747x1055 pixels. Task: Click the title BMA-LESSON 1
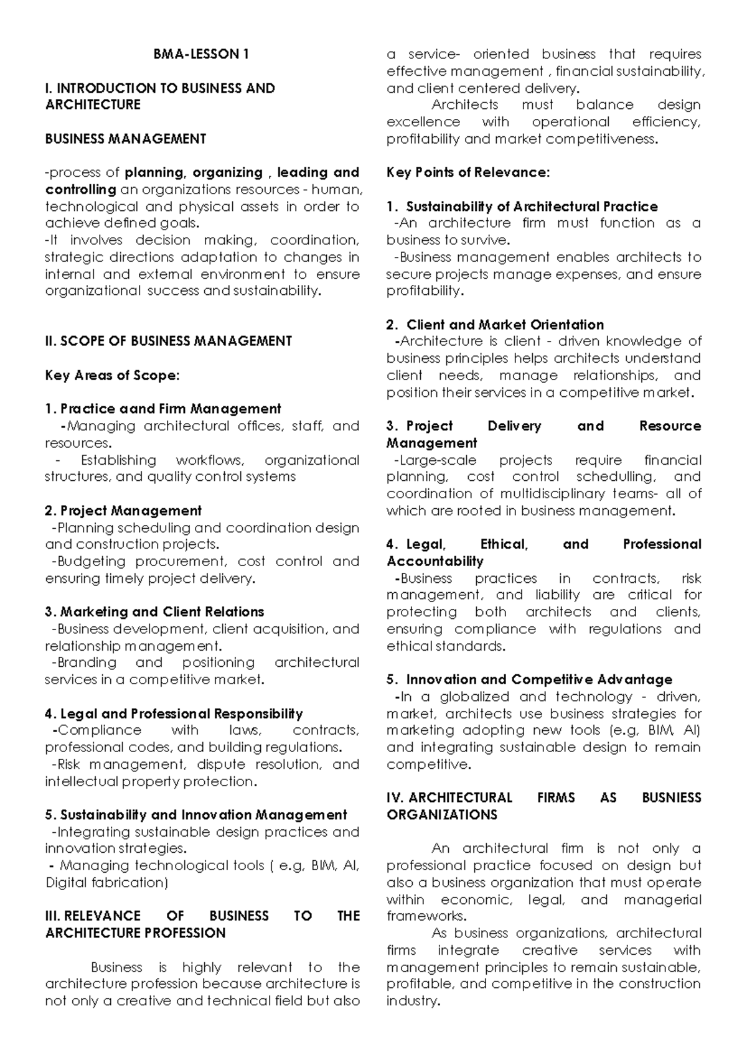[201, 54]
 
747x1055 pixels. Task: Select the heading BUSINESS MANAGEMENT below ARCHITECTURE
[125, 139]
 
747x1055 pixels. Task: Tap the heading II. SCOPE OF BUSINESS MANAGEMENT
[168, 341]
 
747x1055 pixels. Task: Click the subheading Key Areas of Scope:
[112, 375]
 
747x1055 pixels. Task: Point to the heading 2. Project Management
[123, 511]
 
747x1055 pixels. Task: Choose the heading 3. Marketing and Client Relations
[154, 611]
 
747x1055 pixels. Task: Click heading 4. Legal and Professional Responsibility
[174, 713]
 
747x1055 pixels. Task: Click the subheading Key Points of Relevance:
[468, 172]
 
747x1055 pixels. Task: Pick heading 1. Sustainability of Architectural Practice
[522, 207]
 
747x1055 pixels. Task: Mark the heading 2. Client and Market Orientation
[495, 325]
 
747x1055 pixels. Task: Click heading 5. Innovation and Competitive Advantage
[529, 679]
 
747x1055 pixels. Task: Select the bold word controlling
[80, 189]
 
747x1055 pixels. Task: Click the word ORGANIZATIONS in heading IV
[441, 815]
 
